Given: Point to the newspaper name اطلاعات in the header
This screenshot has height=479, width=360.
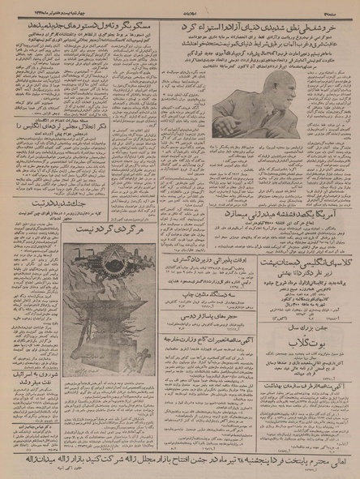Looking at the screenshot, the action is [179, 7].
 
